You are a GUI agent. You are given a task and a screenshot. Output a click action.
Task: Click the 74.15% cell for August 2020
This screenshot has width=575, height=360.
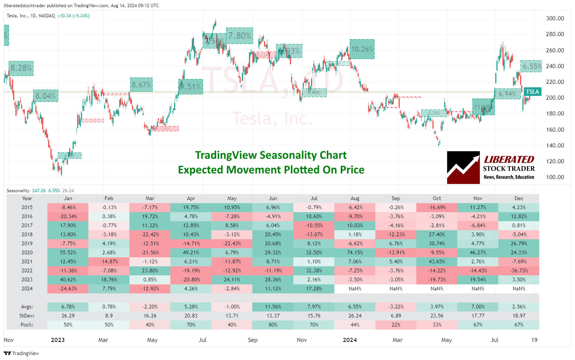pos(355,252)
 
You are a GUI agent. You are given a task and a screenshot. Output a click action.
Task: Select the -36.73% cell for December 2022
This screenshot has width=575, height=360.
pos(519,270)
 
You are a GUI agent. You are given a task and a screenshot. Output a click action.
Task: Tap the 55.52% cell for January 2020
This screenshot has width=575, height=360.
pos(68,252)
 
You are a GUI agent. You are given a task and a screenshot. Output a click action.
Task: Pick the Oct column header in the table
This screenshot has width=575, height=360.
pos(437,198)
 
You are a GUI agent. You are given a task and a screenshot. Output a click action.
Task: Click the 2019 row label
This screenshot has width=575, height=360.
pos(27,243)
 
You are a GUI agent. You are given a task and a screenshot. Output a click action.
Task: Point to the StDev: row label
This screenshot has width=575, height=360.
pos(27,316)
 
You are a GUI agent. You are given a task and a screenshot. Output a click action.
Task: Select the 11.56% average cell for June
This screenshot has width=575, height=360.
pos(273,307)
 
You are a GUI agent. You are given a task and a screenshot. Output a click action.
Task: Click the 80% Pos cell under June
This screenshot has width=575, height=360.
pos(273,325)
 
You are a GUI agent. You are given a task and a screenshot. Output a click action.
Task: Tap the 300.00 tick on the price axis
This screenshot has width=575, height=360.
pos(555,18)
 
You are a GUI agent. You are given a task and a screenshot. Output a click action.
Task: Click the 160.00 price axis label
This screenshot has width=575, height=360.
pos(555,130)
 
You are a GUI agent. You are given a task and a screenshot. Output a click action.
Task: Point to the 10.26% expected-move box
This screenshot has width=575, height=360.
pos(362,49)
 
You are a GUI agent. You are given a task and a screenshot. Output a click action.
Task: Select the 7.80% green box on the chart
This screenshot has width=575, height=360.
pos(239,36)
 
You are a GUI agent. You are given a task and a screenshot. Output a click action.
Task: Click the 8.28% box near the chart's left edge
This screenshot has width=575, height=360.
pos(21,68)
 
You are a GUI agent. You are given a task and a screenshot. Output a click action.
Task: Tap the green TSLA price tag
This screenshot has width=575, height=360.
pos(532,92)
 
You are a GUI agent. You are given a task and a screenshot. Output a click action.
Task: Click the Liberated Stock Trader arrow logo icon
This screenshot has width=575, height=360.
pos(463,168)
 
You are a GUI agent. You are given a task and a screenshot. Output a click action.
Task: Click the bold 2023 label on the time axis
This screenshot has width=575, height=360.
pos(58,340)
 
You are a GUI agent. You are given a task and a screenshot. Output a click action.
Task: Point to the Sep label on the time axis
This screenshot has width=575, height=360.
pos(253,340)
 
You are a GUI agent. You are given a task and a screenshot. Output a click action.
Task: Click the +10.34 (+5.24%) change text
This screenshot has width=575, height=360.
pos(73,16)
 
